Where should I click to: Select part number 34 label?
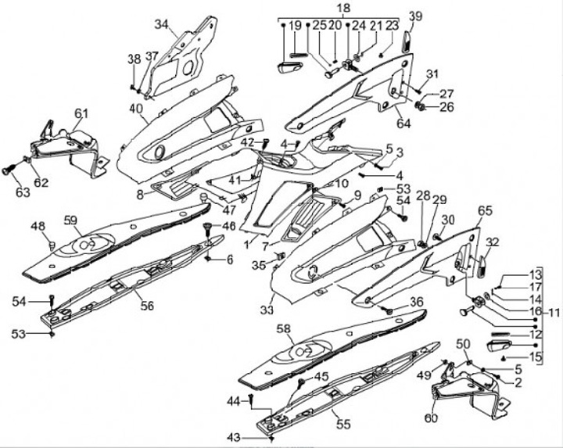coord(161,24)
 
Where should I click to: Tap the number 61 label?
coord(81,114)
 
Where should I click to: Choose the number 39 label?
coord(415,16)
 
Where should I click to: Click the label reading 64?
coord(403,123)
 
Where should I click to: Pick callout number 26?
coord(447,107)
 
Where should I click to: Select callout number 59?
coord(72,220)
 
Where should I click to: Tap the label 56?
coord(147,306)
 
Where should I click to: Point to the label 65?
coord(485,211)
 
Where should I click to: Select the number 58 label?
coord(284,329)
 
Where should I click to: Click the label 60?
coord(430,419)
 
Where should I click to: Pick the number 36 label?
coord(416,302)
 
